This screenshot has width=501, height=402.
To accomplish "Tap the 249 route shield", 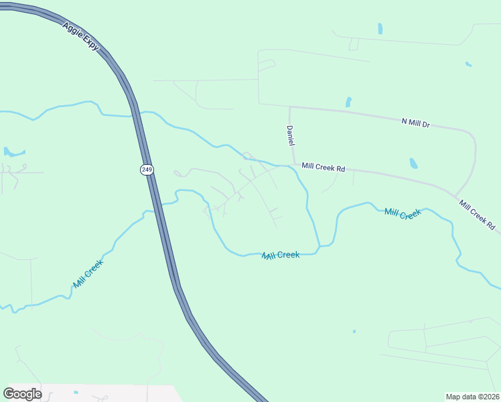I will pyautogui.click(x=147, y=170).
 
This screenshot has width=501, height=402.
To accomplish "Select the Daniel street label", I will pyautogui.click(x=291, y=137).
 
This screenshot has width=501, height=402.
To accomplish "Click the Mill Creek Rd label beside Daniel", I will pyautogui.click(x=323, y=167).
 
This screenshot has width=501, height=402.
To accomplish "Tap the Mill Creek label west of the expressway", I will pyautogui.click(x=88, y=273).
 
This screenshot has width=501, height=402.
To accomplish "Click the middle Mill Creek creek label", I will pyautogui.click(x=280, y=255).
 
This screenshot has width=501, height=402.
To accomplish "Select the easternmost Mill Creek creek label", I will pyautogui.click(x=403, y=213).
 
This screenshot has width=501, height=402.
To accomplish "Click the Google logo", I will pyautogui.click(x=23, y=393).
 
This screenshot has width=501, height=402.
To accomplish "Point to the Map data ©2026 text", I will pyautogui.click(x=472, y=397).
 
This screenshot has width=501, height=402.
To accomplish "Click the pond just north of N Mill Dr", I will pyautogui.click(x=348, y=102).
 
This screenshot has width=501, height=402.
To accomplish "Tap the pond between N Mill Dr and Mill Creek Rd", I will pyautogui.click(x=413, y=163).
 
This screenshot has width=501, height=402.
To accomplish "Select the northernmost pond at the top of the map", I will pyautogui.click(x=380, y=29).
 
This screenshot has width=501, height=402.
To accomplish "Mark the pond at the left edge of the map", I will pyautogui.click(x=12, y=153).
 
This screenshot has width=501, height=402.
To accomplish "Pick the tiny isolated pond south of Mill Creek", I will pyautogui.click(x=354, y=331).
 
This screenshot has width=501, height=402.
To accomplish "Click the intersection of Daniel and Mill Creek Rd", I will pyautogui.click(x=293, y=165).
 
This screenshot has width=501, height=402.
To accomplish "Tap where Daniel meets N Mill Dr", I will pyautogui.click(x=289, y=107).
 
